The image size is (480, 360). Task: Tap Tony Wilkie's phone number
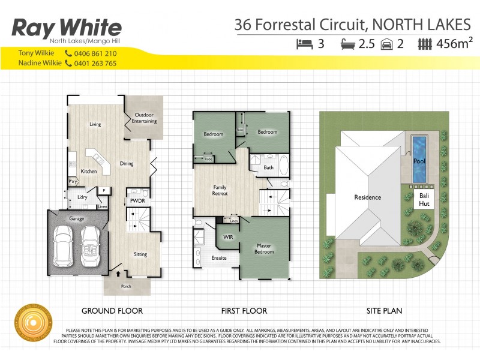point(94,53)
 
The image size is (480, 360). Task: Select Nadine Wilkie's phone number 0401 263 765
point(94,63)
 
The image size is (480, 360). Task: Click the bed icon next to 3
point(305,43)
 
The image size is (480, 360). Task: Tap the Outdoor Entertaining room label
point(145,118)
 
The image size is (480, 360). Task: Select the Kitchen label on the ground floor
point(89,172)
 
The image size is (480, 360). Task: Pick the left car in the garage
point(64,246)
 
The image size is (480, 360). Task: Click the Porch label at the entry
point(126,286)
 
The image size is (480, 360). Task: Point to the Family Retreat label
point(220,191)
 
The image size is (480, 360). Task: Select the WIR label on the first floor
point(227,237)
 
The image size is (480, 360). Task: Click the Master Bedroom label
point(265,248)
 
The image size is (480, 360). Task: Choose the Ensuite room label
point(218,259)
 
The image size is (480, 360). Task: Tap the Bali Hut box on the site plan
point(424,200)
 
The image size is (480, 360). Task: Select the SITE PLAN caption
point(384,311)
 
